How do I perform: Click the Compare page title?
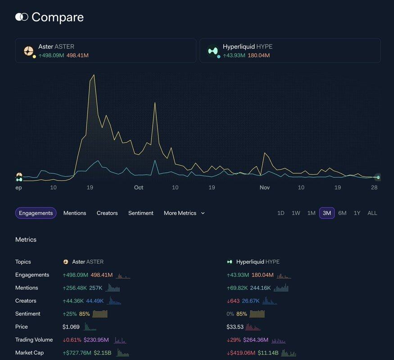pos(57,17)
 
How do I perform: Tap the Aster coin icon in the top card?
pos(29,51)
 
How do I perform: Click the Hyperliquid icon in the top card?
pos(213,51)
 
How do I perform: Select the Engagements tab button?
pos(36,213)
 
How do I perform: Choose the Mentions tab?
pos(75,213)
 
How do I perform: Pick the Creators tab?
pos(107,213)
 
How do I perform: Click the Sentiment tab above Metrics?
pos(141,213)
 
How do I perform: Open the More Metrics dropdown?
pos(184,213)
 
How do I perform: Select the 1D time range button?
pos(281,213)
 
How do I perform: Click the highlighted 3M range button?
pos(327,213)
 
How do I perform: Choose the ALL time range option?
pos(372,213)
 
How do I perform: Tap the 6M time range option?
pos(342,213)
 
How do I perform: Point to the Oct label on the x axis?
pos(138,187)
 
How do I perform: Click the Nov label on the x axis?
pos(265,187)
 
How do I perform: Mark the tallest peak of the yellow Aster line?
pos(94,75)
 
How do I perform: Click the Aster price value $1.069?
pos(71,327)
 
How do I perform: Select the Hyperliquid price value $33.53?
pos(235,327)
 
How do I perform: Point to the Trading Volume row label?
pos(34,340)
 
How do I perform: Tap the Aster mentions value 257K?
pos(96,288)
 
